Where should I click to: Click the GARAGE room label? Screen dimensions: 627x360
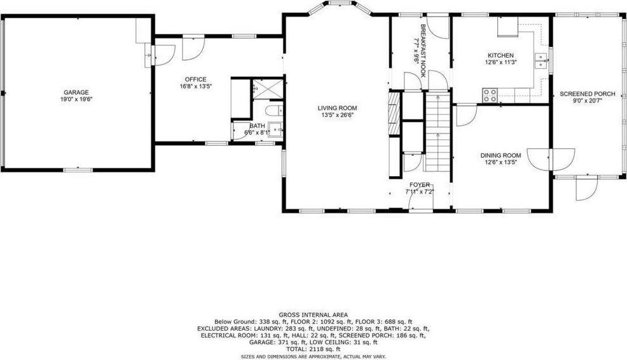click(x=76, y=92)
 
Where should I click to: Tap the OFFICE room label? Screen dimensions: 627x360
click(x=195, y=80)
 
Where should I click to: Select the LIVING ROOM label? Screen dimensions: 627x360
click(x=338, y=108)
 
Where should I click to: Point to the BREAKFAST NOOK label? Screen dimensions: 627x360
click(x=423, y=51)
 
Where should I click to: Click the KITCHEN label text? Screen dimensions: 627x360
click(x=500, y=55)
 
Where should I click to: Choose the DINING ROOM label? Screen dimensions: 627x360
click(x=500, y=155)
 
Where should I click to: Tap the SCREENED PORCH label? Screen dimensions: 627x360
click(x=588, y=94)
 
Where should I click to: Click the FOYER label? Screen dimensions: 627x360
click(x=420, y=185)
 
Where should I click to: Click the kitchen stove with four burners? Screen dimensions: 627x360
click(x=490, y=95)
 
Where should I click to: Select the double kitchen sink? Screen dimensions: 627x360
click(x=541, y=61)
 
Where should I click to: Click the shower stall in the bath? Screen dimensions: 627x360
click(x=268, y=89)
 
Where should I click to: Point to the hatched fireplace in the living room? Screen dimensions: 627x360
click(x=394, y=113)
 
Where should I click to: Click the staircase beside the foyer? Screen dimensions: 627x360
click(x=438, y=131)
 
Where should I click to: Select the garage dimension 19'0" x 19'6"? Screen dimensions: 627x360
click(x=76, y=99)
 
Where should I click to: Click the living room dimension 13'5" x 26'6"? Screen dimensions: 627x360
click(x=338, y=114)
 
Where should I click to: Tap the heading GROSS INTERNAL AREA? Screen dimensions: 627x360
click(x=313, y=315)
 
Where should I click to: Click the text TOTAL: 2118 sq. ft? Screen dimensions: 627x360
click(x=313, y=349)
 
